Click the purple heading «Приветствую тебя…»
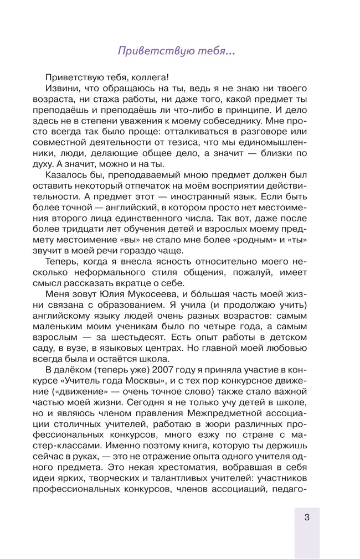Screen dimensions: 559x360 pyautogui.click(x=177, y=51)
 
